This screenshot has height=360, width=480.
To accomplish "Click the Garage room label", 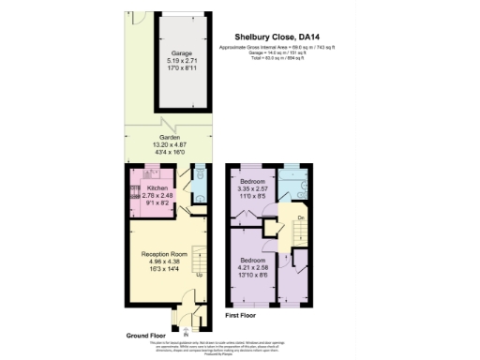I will (x=169, y=54).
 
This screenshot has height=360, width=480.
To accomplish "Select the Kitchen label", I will (x=157, y=187).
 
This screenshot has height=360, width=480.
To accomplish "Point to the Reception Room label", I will (x=166, y=254).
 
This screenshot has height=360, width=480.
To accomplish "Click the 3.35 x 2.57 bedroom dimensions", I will (x=253, y=188).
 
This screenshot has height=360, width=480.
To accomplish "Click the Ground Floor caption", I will (x=145, y=335).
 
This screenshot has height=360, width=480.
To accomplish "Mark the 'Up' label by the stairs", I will (x=199, y=276).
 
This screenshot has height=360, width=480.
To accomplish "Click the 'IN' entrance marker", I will (x=186, y=335).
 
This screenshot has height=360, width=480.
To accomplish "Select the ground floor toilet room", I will (x=197, y=184).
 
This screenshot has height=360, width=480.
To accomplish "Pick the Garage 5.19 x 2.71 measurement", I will (x=169, y=61).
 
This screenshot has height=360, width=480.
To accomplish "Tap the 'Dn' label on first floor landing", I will (x=300, y=217).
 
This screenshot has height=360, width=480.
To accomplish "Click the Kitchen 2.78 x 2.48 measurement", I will (x=157, y=195).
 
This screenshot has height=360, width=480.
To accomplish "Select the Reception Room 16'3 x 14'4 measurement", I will (x=166, y=269).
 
